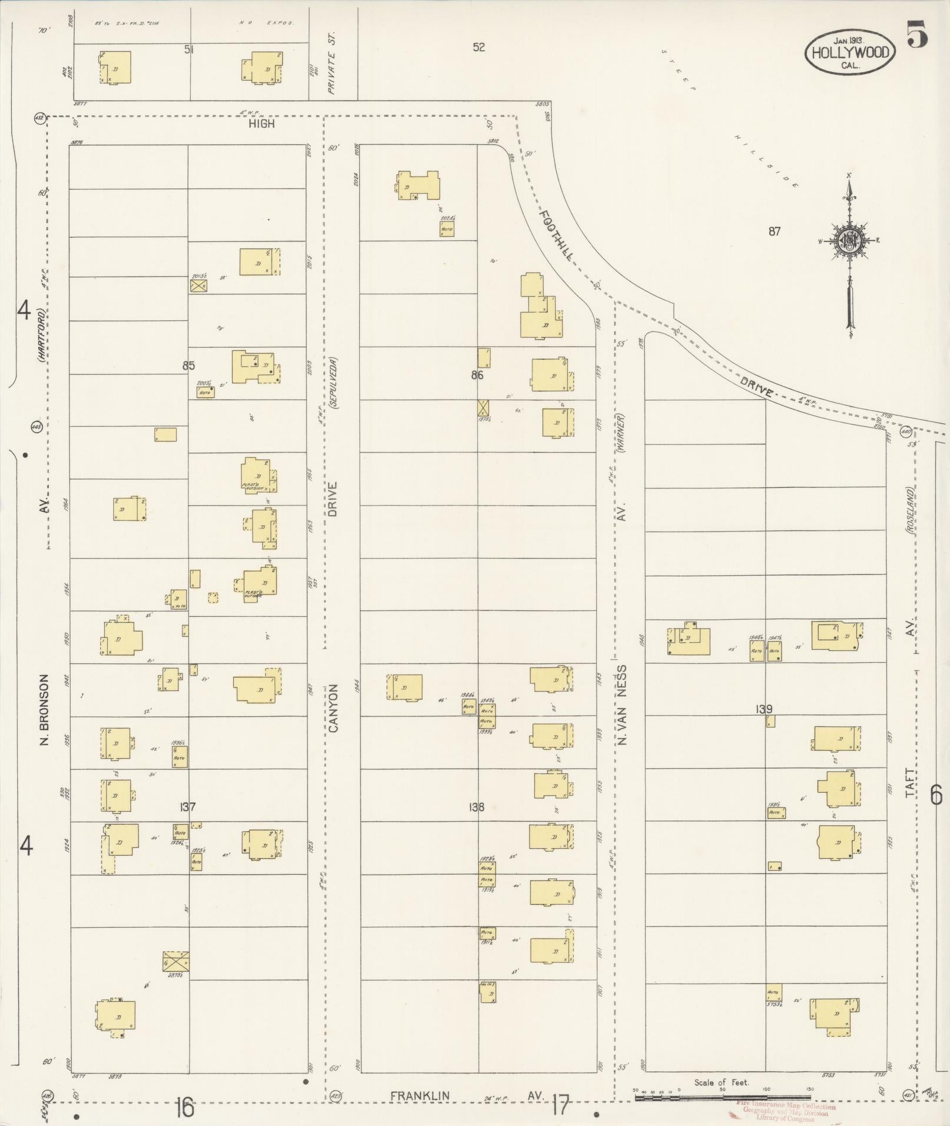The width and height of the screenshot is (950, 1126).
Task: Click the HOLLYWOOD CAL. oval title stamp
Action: [x=850, y=52]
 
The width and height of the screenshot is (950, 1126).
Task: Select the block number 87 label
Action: [x=774, y=231]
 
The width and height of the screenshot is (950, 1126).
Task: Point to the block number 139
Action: [x=764, y=709]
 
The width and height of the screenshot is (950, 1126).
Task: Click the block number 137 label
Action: [x=188, y=807]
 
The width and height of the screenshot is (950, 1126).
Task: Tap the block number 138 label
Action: [x=476, y=807]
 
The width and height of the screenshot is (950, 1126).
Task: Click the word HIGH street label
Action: [x=261, y=124]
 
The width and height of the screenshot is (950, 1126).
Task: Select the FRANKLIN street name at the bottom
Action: [x=420, y=1095]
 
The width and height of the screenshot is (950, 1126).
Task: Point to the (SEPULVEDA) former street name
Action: [x=333, y=383]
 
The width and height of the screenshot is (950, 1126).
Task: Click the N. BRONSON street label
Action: [x=43, y=710]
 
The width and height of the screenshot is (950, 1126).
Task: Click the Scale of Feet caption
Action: [x=721, y=1082]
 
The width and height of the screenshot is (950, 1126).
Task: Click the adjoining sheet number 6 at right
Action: [x=935, y=796]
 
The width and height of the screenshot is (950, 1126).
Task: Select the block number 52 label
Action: [x=478, y=47]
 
